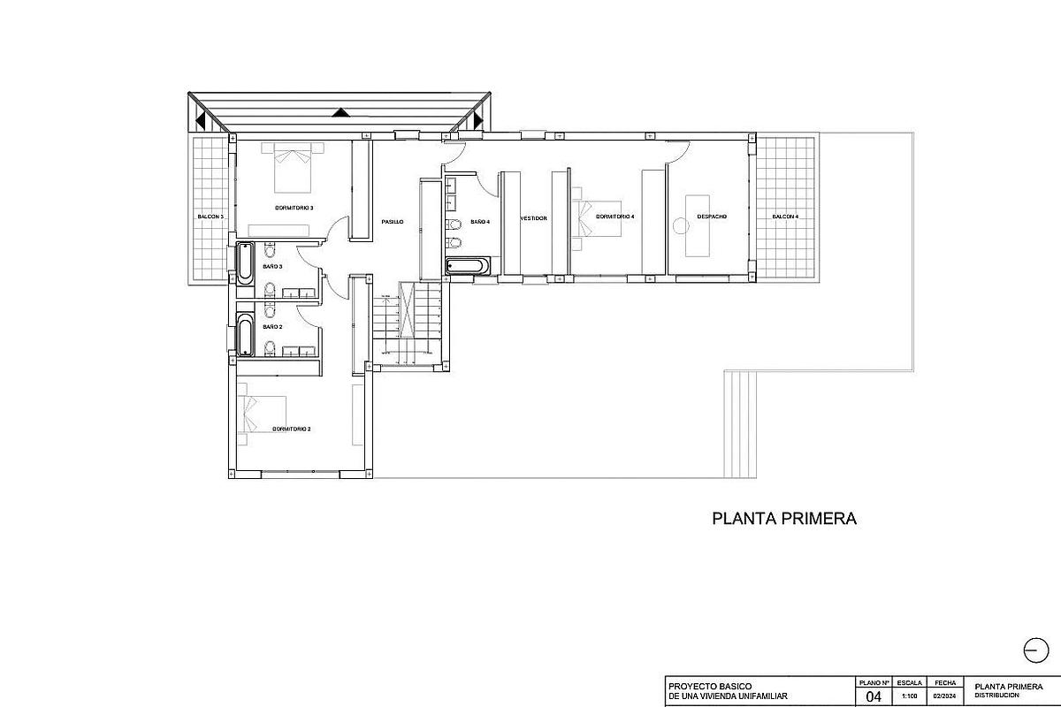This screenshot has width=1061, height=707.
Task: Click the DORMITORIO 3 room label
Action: click(294, 209)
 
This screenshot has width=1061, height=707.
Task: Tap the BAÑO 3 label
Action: click(272, 266)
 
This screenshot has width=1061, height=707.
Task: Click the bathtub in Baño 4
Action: click(465, 266)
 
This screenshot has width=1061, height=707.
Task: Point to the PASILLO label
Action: click(393, 222)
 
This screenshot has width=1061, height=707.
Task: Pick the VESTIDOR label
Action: click(533, 217)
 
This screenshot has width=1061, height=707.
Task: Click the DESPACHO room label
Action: click(712, 217)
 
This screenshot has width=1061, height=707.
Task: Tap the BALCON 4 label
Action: click(785, 217)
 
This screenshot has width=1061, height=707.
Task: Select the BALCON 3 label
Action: click(210, 217)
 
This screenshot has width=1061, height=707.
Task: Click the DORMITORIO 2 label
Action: click(292, 429)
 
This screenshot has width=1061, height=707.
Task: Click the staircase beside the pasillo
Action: click(408, 323)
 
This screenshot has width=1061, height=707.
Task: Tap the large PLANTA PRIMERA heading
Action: click(784, 519)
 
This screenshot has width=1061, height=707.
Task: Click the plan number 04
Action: click(874, 696)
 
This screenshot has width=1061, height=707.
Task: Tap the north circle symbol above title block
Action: click(1034, 650)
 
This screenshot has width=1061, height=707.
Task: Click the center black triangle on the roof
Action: click(340, 112)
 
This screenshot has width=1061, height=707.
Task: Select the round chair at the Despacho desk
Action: click(680, 225)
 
